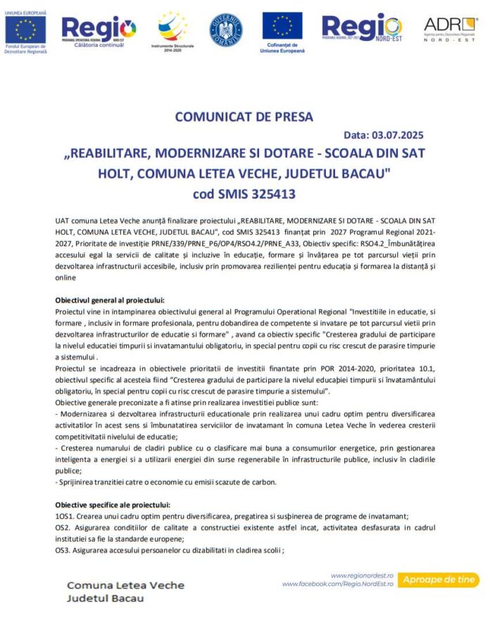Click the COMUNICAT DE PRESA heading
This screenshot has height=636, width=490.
click(244, 116)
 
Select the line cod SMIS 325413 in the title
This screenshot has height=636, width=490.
click(244, 192)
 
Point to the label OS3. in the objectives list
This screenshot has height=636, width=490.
click(63, 550)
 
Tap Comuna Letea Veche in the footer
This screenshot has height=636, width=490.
click(125, 585)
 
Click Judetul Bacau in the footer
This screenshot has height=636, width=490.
click(105, 599)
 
